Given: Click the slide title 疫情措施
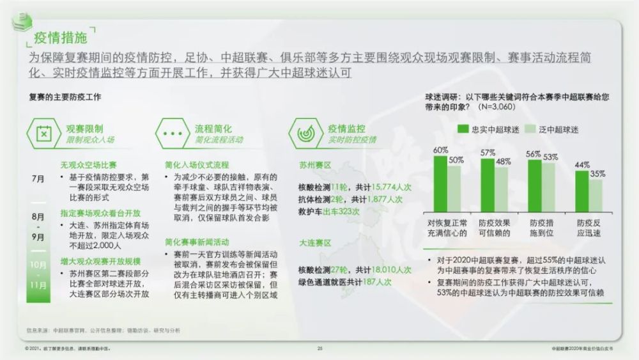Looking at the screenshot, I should [61, 38].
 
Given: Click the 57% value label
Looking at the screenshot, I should [488, 152].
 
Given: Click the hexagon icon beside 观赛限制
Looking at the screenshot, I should [43, 133].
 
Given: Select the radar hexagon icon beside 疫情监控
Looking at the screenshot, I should [305, 133].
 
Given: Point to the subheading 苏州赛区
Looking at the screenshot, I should [314, 164].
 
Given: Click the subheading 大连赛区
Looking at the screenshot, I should [314, 243].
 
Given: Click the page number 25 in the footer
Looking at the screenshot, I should [319, 348].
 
